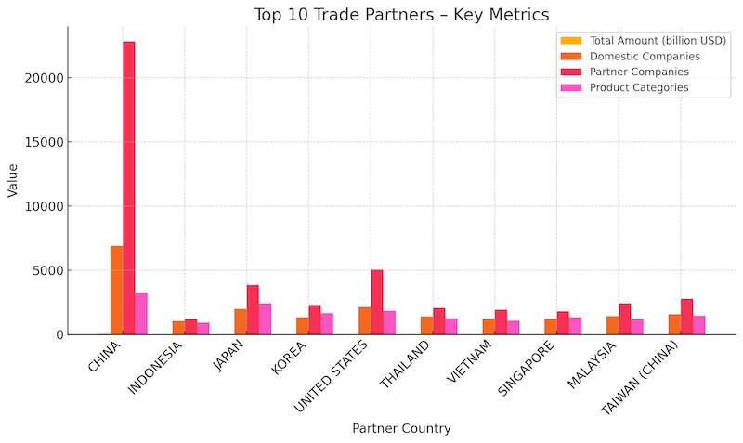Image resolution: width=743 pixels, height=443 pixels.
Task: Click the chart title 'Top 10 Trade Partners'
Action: point(401,15)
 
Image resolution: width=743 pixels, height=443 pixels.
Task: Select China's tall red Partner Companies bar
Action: point(128,186)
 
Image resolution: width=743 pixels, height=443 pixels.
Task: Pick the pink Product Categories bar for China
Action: point(141,314)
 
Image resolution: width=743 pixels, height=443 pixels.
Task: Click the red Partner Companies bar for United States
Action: point(376,302)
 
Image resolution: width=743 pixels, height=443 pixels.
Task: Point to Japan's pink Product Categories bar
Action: point(265,319)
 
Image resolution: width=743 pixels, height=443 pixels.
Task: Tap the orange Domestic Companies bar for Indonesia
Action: point(178,328)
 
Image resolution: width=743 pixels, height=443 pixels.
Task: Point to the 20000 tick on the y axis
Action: point(43,78)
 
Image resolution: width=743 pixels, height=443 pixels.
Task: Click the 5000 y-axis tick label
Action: point(46,271)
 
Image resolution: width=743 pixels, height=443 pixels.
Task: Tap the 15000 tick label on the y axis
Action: point(43,142)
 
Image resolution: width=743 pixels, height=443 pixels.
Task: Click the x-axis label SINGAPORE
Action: point(528,369)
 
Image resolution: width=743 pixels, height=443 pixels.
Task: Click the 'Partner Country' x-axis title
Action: point(401,428)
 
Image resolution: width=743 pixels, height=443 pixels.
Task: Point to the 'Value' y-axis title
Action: point(13,181)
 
